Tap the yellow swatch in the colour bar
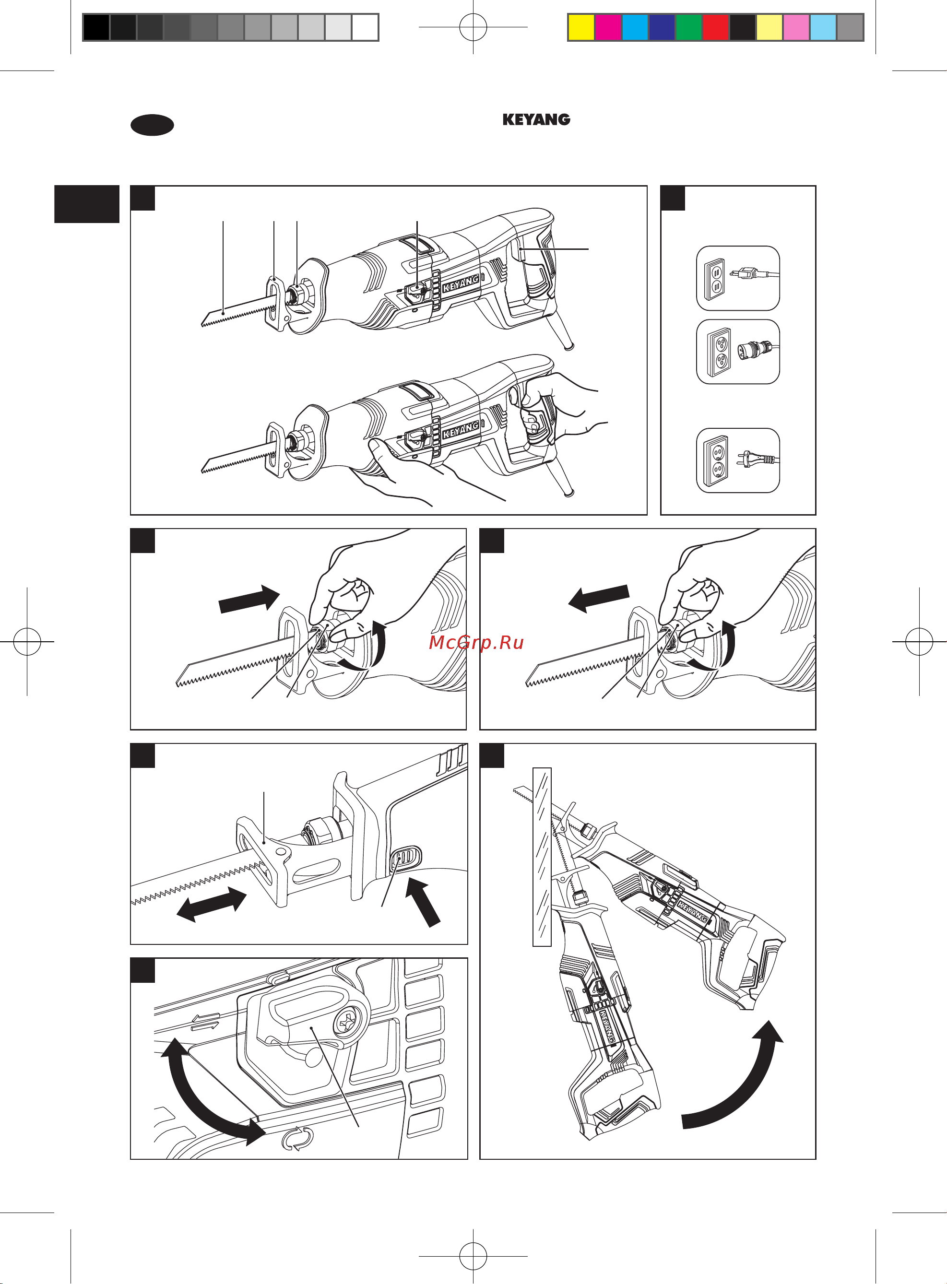tap(580, 27)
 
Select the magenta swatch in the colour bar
tap(608, 27)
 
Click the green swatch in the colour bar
tap(688, 27)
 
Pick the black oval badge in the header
tap(152, 125)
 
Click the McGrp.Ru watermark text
tap(476, 642)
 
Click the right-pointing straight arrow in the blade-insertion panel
tap(249, 600)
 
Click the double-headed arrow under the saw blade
tap(212, 904)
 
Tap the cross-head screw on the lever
tap(348, 1022)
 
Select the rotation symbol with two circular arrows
tap(297, 1139)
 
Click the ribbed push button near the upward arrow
tap(405, 859)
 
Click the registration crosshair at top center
tap(473, 27)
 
